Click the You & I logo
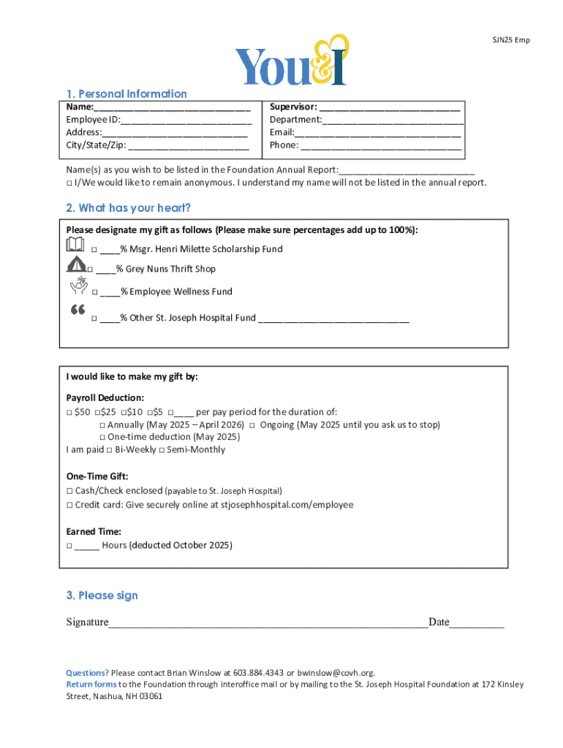click(x=290, y=61)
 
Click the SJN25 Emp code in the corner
click(x=510, y=40)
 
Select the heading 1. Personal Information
click(x=126, y=93)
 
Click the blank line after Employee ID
click(x=181, y=121)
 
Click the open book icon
click(x=75, y=244)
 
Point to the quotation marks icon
click(x=78, y=311)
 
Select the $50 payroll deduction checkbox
click(x=69, y=412)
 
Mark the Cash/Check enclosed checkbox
click(x=69, y=491)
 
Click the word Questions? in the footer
click(x=88, y=673)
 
